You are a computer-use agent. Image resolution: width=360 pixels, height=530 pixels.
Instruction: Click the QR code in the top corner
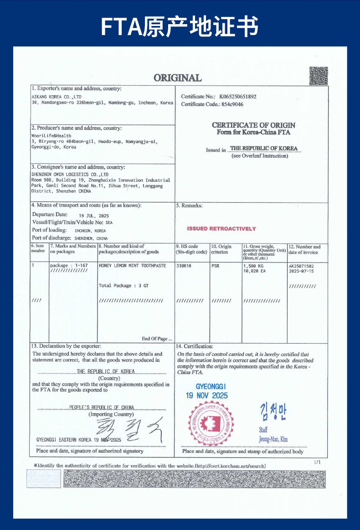coord(319,76)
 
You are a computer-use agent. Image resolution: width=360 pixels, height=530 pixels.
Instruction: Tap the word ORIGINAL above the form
coord(177,78)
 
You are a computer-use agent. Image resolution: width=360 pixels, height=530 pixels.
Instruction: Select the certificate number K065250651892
coord(237,97)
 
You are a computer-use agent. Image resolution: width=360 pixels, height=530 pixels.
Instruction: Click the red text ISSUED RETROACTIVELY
coord(221,229)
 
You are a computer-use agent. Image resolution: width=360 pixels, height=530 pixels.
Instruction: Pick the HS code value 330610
coord(184,265)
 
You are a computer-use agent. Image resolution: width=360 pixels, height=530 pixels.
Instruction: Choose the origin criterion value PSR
coord(216,265)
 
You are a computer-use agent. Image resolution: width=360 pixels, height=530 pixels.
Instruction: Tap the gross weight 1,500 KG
coord(253,265)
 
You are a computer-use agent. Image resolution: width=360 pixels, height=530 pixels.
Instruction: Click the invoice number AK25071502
coord(301,265)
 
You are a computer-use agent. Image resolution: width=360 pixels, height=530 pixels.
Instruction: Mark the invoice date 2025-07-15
coord(301,271)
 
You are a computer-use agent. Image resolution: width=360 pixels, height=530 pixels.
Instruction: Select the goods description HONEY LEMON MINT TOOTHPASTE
coord(132,265)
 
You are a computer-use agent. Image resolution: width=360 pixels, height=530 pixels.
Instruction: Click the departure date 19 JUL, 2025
coord(94,216)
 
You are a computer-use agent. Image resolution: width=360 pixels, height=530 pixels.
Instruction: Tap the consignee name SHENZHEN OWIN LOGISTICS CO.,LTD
coord(70,175)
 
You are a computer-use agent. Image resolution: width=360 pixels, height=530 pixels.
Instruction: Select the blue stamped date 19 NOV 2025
coord(206,396)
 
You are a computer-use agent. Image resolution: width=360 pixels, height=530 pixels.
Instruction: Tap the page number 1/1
coord(318,462)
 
